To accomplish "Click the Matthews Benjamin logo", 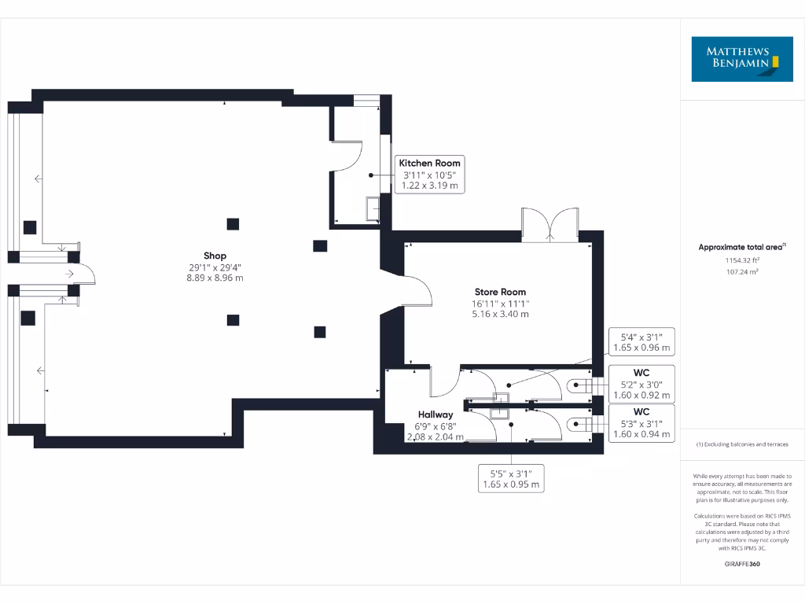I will pyautogui.click(x=742, y=59).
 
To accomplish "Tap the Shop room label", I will pyautogui.click(x=215, y=256).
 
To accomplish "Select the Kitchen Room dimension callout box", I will pyautogui.click(x=429, y=174).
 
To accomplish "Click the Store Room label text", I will pyautogui.click(x=500, y=292).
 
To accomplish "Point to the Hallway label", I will pyautogui.click(x=435, y=414).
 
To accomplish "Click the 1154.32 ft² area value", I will pyautogui.click(x=741, y=260).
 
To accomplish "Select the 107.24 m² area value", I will pyautogui.click(x=741, y=271).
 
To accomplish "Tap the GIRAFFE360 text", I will pyautogui.click(x=741, y=564).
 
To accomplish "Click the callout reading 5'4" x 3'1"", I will pyautogui.click(x=641, y=342).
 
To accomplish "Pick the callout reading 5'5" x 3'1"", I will pyautogui.click(x=511, y=479).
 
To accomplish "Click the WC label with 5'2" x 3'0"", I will pyautogui.click(x=641, y=383).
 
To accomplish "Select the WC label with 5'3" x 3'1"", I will pyautogui.click(x=641, y=423).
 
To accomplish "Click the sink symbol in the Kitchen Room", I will pyautogui.click(x=372, y=208).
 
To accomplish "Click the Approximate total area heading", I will pyautogui.click(x=741, y=247).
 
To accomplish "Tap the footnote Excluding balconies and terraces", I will pyautogui.click(x=741, y=445).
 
